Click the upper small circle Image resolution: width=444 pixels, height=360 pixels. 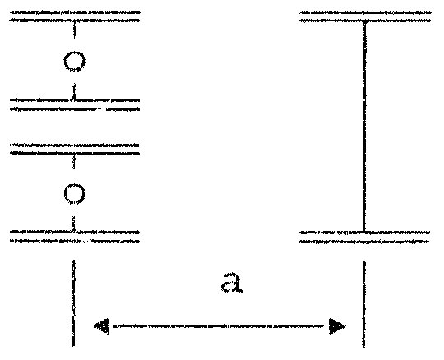click(74, 52)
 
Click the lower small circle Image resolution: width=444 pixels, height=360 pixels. click(74, 184)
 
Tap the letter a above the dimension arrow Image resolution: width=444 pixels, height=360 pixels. click(232, 283)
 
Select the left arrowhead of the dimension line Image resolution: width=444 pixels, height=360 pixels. click(101, 326)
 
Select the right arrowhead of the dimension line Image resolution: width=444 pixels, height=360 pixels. click(337, 326)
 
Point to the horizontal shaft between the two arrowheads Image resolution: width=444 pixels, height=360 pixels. click(218, 326)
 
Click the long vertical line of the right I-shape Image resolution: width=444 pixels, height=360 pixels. click(364, 127)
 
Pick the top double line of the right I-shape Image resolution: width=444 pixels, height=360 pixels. click(365, 16)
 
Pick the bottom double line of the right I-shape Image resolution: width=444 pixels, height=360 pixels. click(365, 238)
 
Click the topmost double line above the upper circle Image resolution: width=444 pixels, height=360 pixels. click(75, 16)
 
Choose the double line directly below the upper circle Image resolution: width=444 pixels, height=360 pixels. click(75, 104)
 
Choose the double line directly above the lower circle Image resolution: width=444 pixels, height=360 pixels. click(75, 150)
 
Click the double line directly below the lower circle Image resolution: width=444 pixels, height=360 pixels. click(75, 237)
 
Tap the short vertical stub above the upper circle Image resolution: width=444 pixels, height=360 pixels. click(74, 30)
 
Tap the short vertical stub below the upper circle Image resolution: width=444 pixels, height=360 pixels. click(74, 91)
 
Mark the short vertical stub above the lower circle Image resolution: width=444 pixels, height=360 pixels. click(74, 162)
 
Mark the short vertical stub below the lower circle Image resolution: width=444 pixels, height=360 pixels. click(74, 224)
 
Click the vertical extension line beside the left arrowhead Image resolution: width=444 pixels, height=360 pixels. click(73, 302)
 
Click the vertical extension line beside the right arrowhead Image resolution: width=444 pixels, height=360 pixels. click(364, 303)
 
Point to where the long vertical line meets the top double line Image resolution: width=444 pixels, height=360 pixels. click(365, 21)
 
